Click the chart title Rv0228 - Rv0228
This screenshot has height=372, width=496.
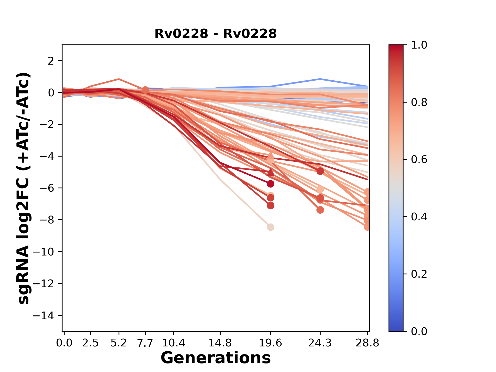[215, 34]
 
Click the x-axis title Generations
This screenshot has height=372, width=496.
[215, 358]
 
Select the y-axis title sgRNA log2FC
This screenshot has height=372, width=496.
[24, 188]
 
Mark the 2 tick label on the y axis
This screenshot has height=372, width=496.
[51, 61]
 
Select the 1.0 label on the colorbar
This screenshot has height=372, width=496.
[419, 45]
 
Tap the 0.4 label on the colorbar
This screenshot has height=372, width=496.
[419, 217]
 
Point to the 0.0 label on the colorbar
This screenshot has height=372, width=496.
[419, 331]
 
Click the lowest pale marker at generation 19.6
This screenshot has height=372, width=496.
[270, 227]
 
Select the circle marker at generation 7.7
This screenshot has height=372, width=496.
[145, 90]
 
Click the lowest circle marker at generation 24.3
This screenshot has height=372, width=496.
[320, 210]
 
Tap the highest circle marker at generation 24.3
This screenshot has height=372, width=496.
[320, 171]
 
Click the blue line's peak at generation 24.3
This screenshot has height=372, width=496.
[320, 79]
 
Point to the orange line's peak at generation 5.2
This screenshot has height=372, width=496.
[119, 79]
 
